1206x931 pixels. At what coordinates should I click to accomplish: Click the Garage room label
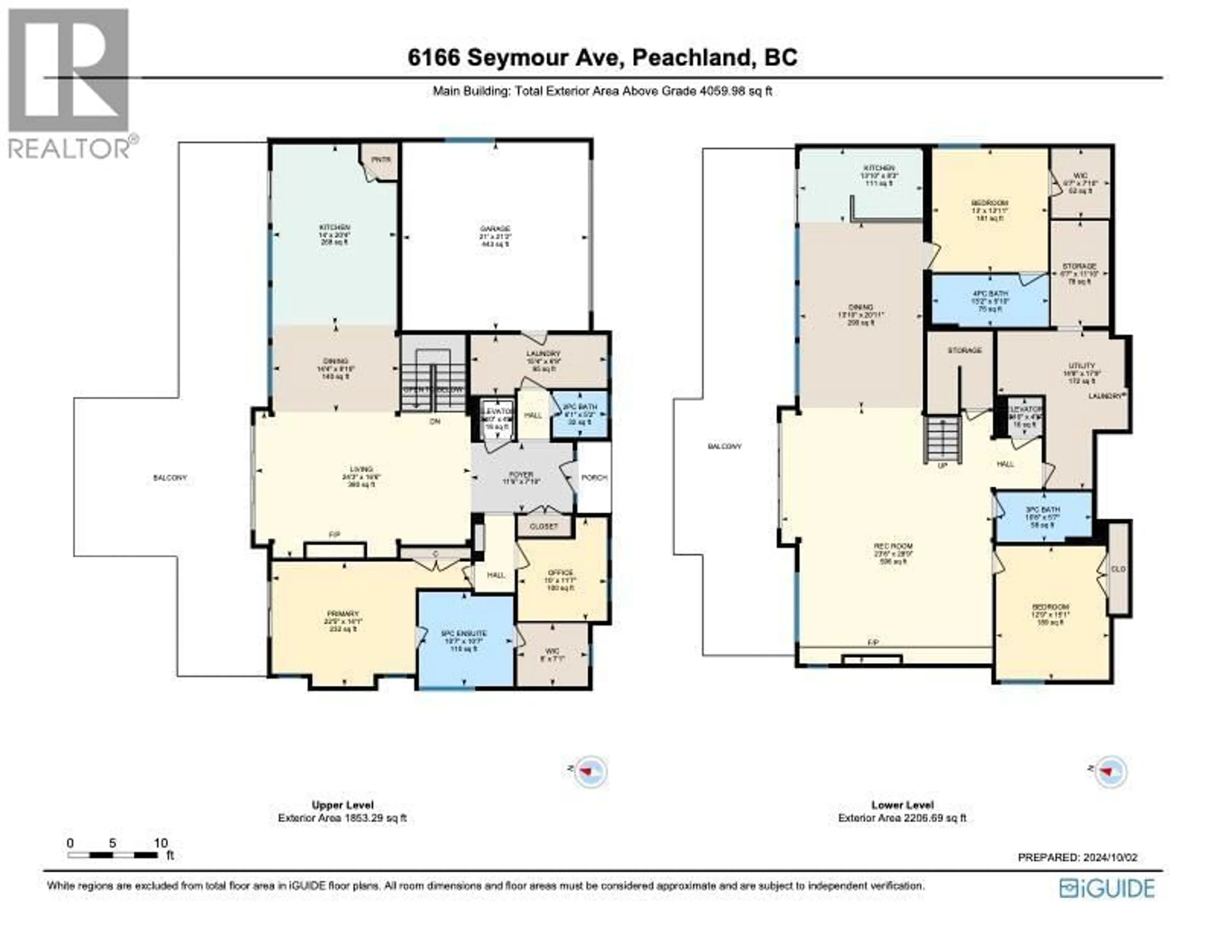pos(495,228)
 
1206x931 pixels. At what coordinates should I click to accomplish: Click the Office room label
pos(561,573)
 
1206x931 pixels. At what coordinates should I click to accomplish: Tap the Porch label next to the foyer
pos(594,477)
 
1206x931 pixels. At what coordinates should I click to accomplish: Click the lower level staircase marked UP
pos(943,440)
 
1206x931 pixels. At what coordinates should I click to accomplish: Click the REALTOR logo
pos(70,83)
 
